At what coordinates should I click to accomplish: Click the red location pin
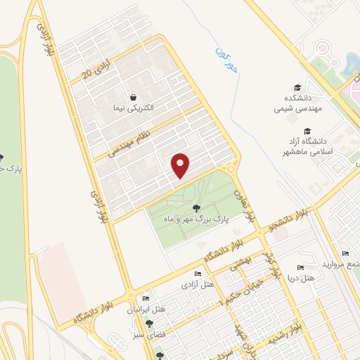pos(181,165)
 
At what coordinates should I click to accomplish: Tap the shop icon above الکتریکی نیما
pos(133,96)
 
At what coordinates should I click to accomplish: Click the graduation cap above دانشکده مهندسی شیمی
pos(297,88)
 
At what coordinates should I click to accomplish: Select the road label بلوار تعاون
pos(240,198)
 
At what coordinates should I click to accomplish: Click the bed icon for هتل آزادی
pos(198,274)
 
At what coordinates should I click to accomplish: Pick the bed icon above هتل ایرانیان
pos(146,299)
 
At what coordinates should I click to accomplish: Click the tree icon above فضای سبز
pos(149,324)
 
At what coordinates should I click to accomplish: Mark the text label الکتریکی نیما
pos(133,110)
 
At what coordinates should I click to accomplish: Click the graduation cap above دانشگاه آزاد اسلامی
pos(307,131)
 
